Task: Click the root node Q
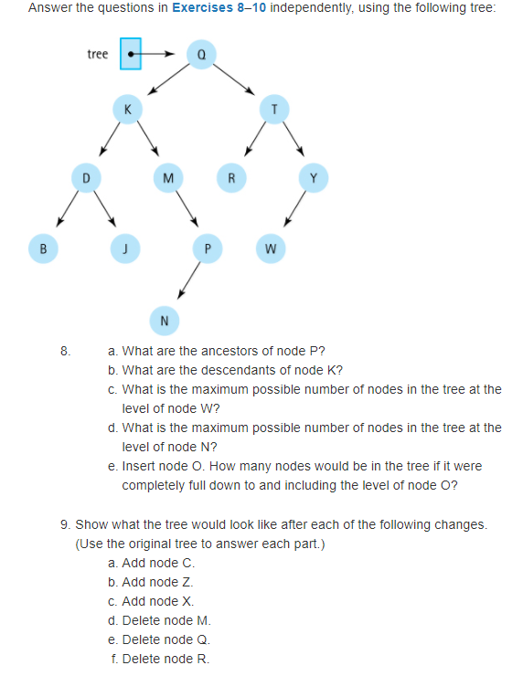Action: point(199,54)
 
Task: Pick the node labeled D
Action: point(85,176)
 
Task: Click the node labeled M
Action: point(166,176)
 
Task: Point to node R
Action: point(232,176)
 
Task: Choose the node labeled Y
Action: point(314,176)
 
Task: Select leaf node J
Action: point(123,246)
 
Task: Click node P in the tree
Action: point(207,246)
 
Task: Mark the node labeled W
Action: point(270,246)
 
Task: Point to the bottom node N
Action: point(164,320)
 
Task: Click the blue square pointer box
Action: point(131,54)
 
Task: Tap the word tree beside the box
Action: point(98,54)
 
